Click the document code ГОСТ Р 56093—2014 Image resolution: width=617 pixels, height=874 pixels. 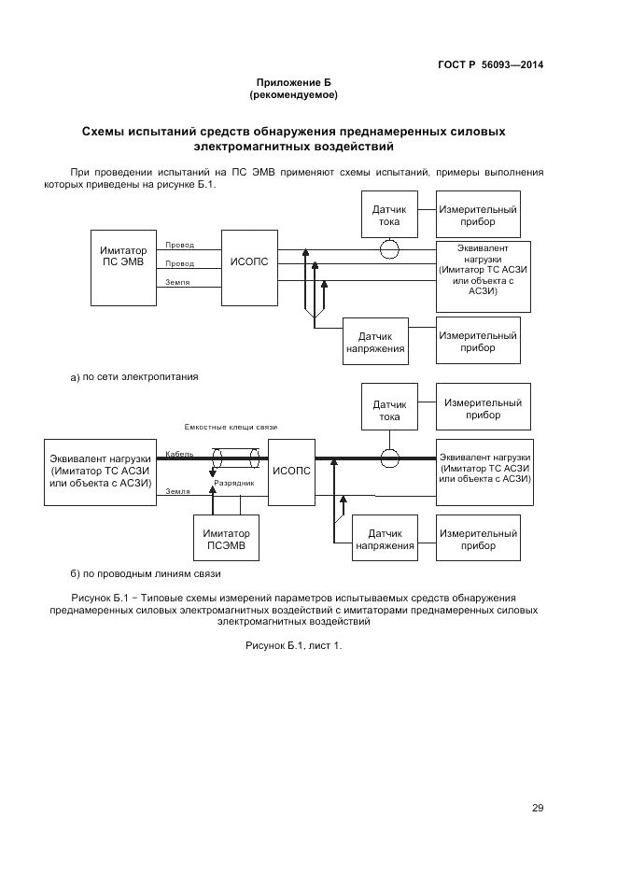click(x=490, y=64)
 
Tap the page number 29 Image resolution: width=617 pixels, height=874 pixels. click(x=538, y=808)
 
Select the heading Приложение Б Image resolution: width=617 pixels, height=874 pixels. click(x=293, y=83)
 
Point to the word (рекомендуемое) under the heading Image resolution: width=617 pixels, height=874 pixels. click(x=293, y=95)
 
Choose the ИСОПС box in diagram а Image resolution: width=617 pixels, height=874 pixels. click(x=248, y=262)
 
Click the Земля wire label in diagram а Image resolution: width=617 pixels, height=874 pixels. click(x=178, y=280)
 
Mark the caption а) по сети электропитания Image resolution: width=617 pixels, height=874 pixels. click(x=135, y=376)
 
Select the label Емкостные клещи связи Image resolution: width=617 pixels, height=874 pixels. click(x=231, y=427)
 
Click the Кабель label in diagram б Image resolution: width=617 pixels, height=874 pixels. click(x=179, y=454)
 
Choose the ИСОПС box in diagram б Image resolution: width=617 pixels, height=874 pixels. click(x=290, y=471)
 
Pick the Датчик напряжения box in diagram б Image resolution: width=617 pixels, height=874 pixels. click(x=384, y=539)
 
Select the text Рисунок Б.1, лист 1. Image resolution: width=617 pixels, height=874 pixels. click(x=293, y=645)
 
